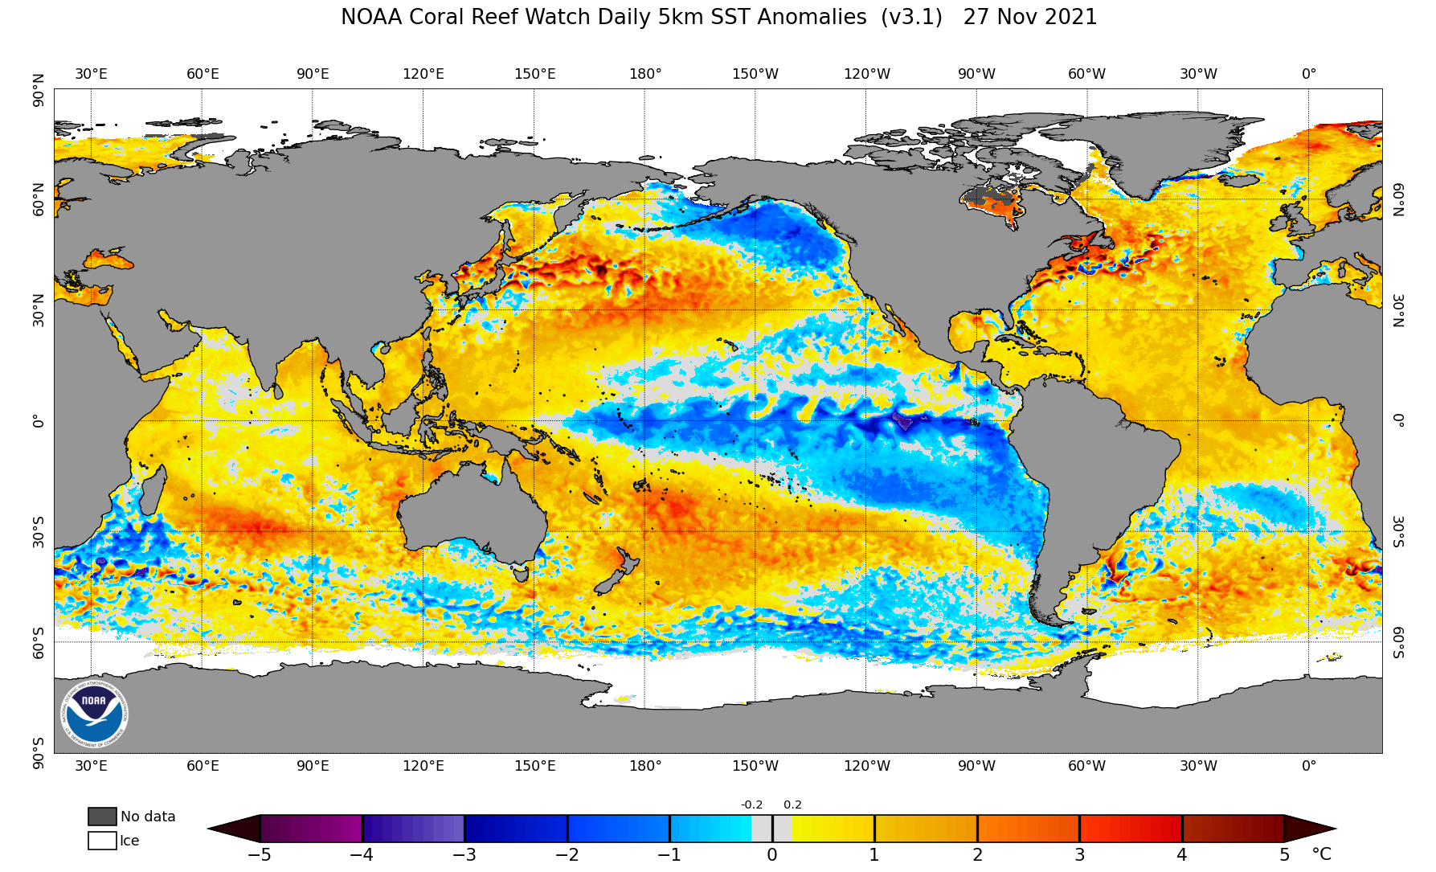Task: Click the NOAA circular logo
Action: click(x=94, y=714)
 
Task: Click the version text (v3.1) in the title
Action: click(x=911, y=18)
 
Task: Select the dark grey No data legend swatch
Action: click(x=102, y=817)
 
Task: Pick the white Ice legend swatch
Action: click(x=102, y=841)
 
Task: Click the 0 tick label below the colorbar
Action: click(x=772, y=855)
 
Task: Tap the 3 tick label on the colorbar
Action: click(x=1080, y=855)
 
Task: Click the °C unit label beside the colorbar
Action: click(x=1321, y=854)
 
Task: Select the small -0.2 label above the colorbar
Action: click(x=751, y=804)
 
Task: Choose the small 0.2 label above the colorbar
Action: click(x=792, y=804)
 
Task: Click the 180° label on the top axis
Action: click(x=645, y=74)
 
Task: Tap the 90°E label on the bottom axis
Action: click(x=313, y=766)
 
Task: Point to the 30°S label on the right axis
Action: click(x=1398, y=531)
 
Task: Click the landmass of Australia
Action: click(x=474, y=514)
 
